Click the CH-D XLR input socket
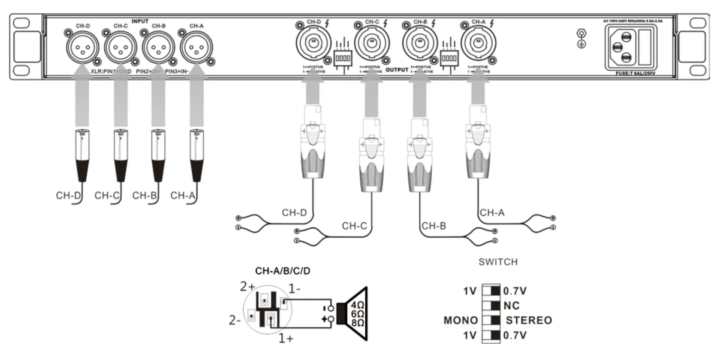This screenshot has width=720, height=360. tap(82, 47)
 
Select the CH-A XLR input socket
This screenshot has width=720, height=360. tap(196, 47)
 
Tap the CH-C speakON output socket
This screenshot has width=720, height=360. tap(372, 43)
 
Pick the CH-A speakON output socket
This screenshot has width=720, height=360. tap(478, 43)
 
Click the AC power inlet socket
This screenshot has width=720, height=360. tap(623, 47)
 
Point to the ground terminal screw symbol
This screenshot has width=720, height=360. tap(581, 38)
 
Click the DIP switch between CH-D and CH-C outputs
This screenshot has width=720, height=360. tap(343, 57)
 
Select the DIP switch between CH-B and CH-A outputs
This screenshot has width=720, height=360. tap(449, 57)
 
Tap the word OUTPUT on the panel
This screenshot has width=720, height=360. tap(397, 70)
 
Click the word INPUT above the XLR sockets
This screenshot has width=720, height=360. tap(140, 21)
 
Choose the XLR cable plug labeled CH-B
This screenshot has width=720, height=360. tap(158, 154)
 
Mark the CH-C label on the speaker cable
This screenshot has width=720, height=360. tap(354, 226)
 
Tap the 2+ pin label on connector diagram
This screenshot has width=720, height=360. tap(247, 286)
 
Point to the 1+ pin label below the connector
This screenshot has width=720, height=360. tap(286, 339)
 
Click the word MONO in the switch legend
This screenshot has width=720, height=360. tap(461, 321)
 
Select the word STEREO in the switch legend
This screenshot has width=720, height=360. tap(529, 321)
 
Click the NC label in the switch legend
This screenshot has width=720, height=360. tap(512, 306)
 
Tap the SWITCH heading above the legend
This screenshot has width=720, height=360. tap(498, 262)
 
